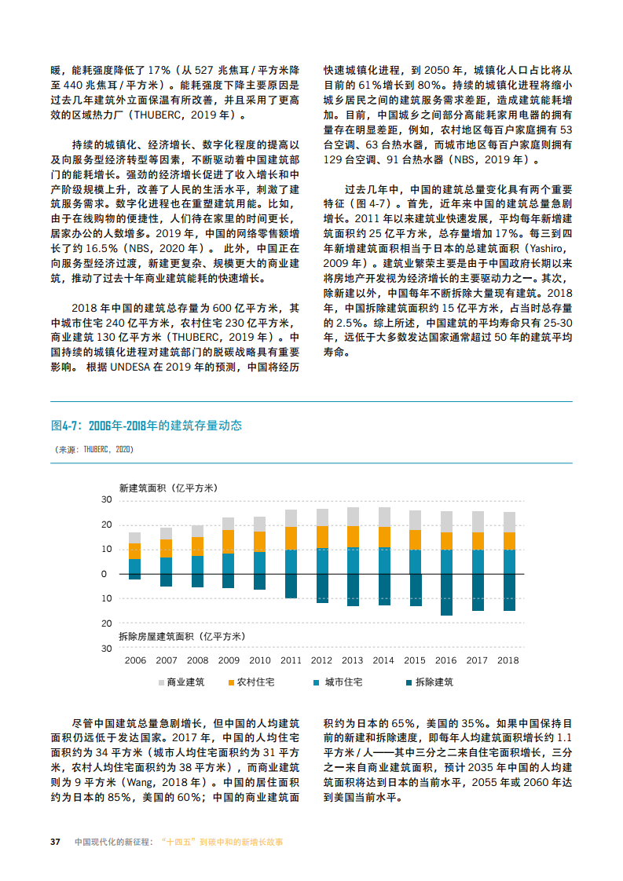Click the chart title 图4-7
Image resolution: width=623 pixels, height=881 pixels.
pos(146,426)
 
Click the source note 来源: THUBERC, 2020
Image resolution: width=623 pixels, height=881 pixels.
pos(93,450)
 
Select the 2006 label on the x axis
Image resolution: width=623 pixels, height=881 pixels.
pos(135,660)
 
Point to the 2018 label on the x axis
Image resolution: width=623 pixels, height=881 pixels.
pos(508,660)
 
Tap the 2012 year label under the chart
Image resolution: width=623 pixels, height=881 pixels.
pos(321,660)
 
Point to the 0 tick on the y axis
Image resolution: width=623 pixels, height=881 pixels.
pos(104,574)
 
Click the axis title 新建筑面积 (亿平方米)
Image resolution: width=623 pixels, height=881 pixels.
pos(168,488)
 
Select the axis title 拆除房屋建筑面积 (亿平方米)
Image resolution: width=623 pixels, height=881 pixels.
pos(181,635)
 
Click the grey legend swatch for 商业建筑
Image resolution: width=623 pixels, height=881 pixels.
pos(160,682)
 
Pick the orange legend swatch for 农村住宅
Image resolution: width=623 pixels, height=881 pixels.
pos(231,682)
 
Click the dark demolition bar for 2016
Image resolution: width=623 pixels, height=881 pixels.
pos(446,594)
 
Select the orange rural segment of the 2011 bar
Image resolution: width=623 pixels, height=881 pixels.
pos(291,538)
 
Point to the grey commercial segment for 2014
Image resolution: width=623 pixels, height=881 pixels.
pos(384,517)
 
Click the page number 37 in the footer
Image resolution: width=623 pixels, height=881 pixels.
pos(56,842)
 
